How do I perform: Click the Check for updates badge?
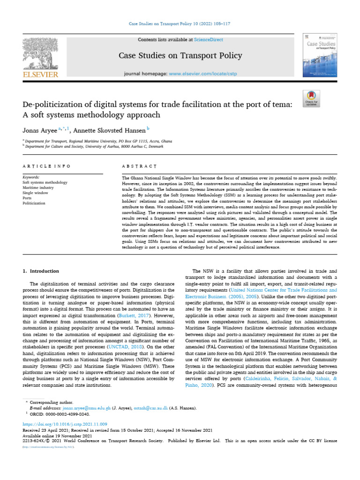pyautogui.click(x=311, y=97)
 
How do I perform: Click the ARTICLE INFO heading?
pyautogui.click(x=47, y=166)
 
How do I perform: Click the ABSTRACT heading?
pyautogui.click(x=138, y=166)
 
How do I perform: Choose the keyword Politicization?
pyautogui.click(x=34, y=203)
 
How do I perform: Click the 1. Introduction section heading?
pyautogui.click(x=41, y=271)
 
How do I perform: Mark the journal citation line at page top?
pyautogui.click(x=180, y=23)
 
